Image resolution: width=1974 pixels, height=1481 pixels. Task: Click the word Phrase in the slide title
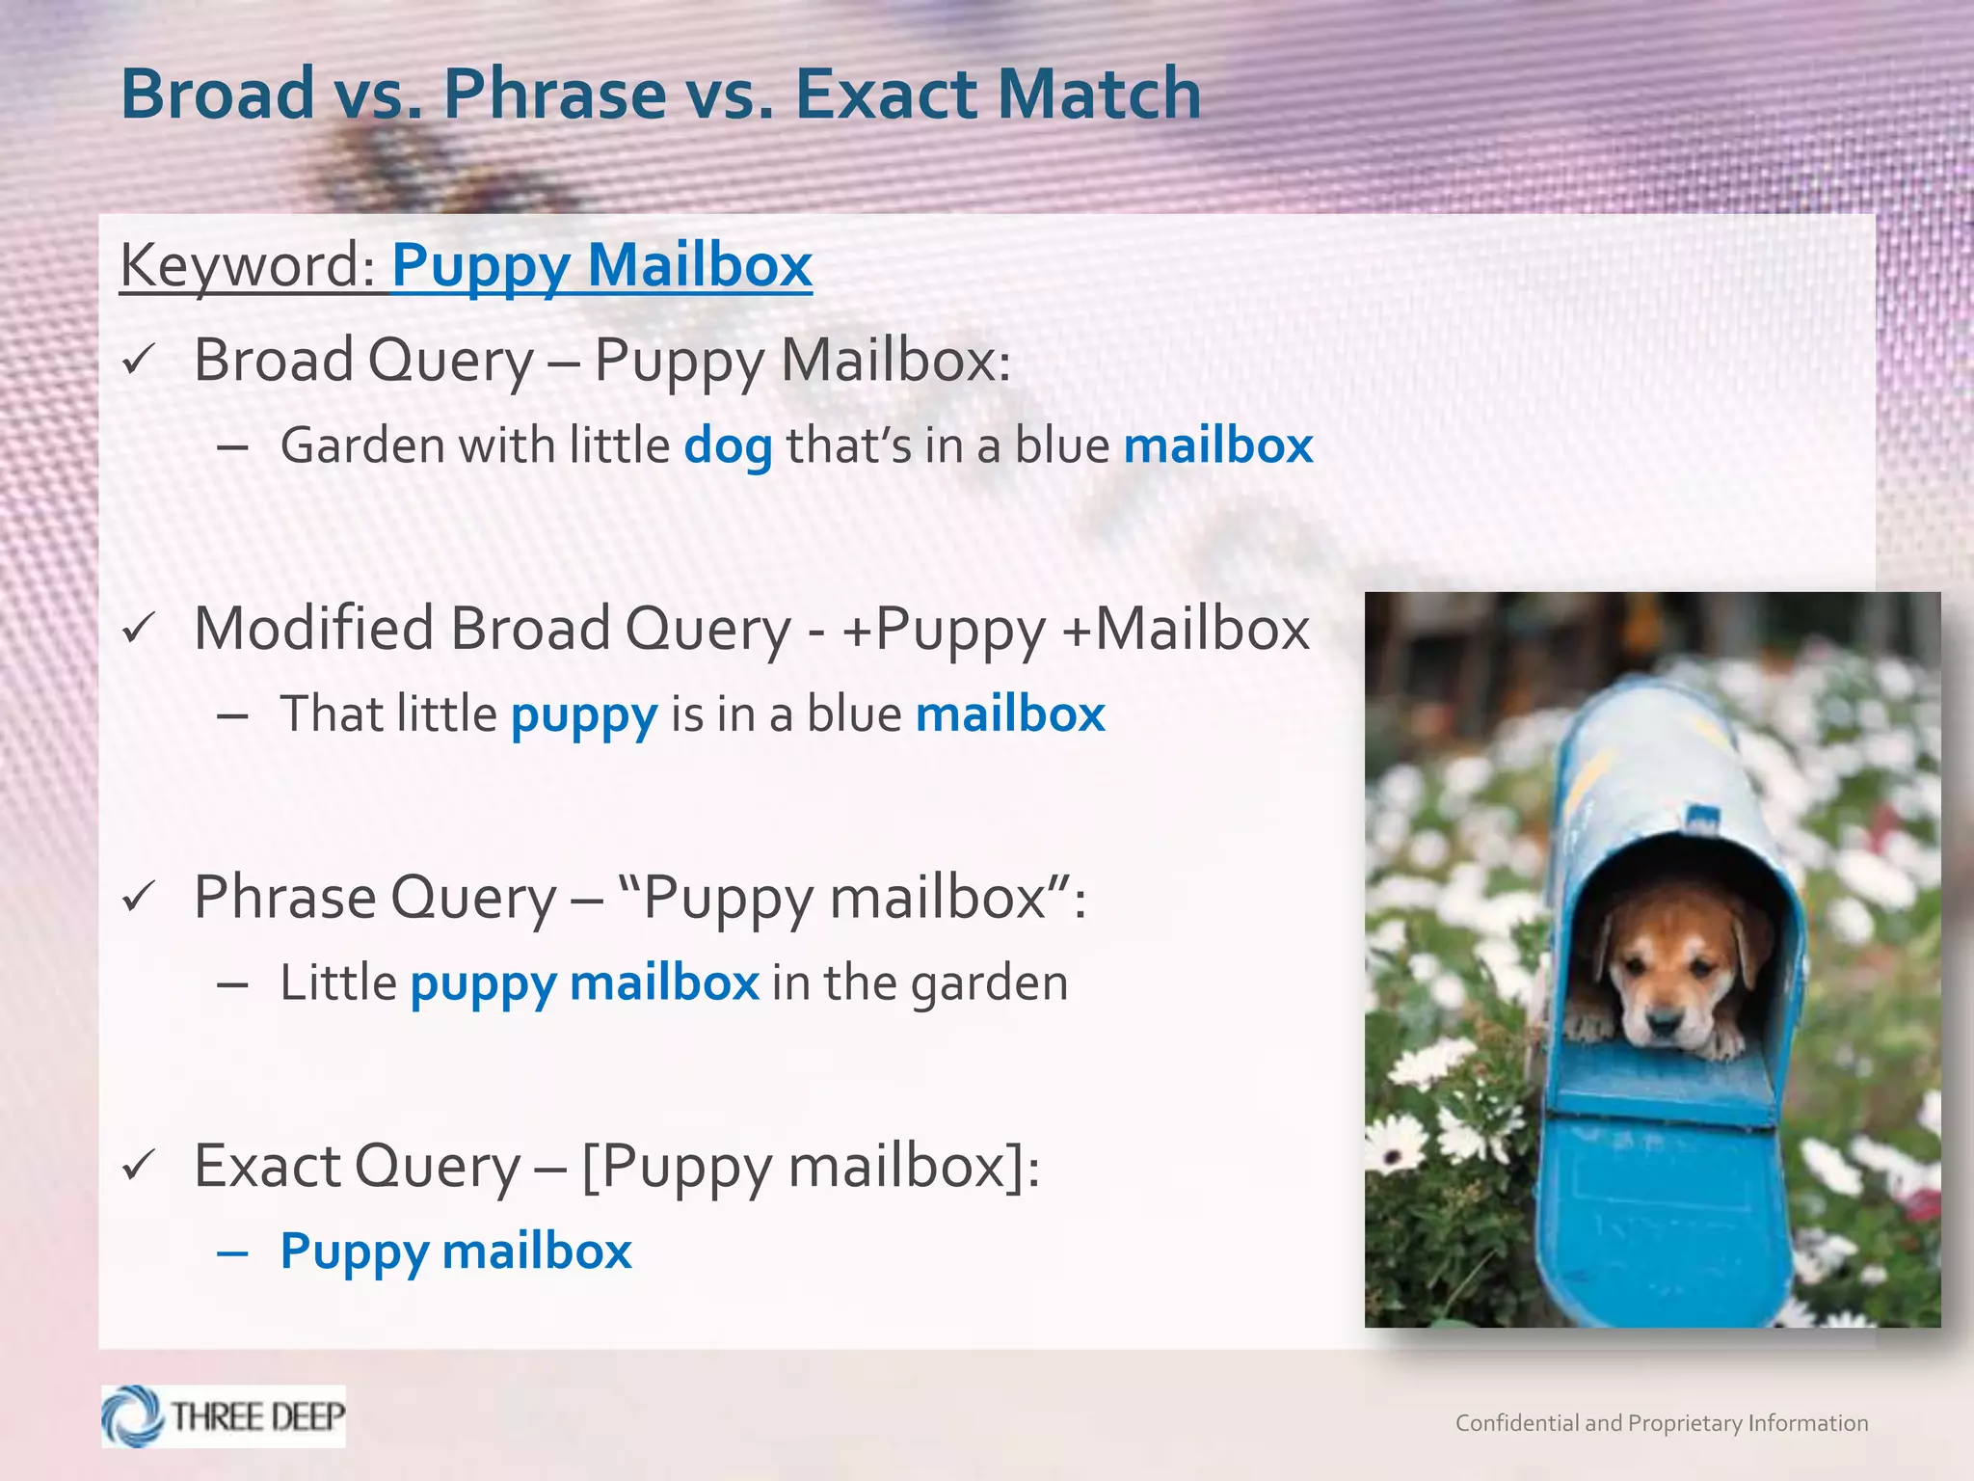click(x=554, y=94)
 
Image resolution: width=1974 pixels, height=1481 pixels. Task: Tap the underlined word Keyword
click(x=246, y=265)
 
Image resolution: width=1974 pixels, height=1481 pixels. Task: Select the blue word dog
click(x=728, y=446)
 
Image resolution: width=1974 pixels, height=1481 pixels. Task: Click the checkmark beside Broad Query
click(x=138, y=361)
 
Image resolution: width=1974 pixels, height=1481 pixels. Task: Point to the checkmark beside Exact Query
click(x=138, y=1167)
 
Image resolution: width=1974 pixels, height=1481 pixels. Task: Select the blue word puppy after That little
click(x=584, y=714)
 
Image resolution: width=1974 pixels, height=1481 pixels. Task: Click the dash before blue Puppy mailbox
click(x=233, y=1252)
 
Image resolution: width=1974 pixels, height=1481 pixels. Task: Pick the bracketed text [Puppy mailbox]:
click(x=810, y=1167)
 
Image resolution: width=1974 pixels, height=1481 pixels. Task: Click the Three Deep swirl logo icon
click(x=133, y=1416)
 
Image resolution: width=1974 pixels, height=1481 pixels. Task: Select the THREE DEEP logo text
click(x=257, y=1416)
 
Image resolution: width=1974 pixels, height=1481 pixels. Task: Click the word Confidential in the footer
click(x=1515, y=1423)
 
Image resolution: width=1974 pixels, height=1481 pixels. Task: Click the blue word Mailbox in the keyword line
click(x=700, y=265)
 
